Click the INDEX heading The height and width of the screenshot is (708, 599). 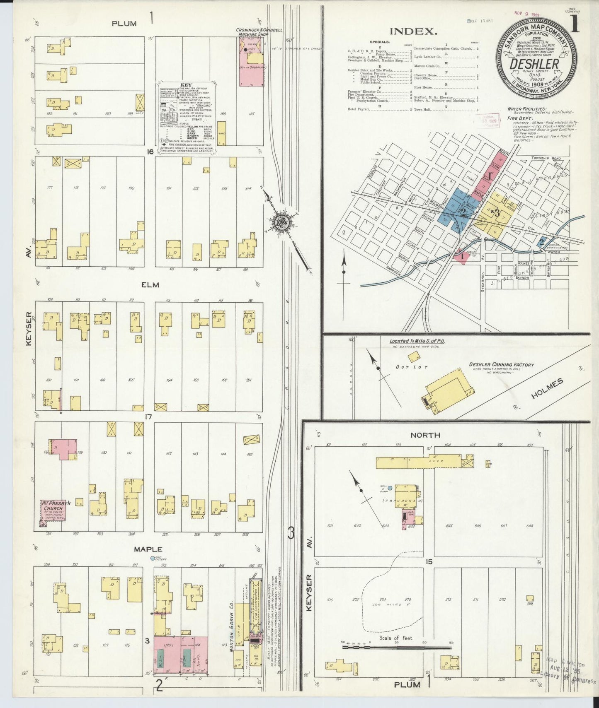click(x=413, y=31)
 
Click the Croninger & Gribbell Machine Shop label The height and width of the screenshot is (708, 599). click(x=259, y=32)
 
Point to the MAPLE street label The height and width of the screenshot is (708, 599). click(x=148, y=549)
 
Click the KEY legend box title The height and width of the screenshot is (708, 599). click(x=186, y=85)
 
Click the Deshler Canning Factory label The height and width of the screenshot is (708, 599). click(x=501, y=365)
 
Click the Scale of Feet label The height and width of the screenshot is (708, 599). click(x=396, y=638)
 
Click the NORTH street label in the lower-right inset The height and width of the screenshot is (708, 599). click(x=425, y=435)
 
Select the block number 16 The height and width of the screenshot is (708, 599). click(x=150, y=152)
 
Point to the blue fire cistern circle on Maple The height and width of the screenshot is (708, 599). click(x=152, y=559)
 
